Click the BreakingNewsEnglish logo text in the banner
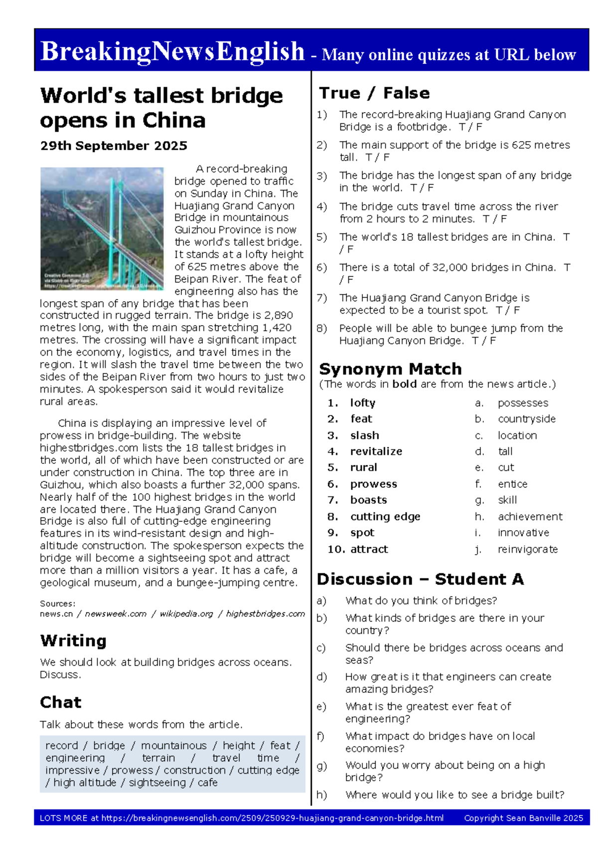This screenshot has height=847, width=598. tap(172, 51)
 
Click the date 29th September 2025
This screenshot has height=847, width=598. tap(114, 146)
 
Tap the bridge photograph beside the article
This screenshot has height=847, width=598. tap(102, 228)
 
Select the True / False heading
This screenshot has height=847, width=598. tap(374, 93)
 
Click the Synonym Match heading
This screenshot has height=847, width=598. tap(390, 369)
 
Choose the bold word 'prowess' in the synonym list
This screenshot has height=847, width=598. tap(373, 484)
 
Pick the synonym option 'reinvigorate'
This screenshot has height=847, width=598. tap(528, 549)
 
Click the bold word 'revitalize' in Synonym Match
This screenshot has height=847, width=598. tap(376, 451)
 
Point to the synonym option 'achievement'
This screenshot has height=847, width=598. tap(530, 517)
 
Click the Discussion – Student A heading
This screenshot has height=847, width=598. tap(420, 579)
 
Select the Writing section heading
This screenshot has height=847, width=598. tap(73, 640)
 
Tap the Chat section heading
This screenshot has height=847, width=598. tap(60, 702)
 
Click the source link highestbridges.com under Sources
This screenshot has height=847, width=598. tap(265, 614)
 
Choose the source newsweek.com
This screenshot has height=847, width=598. tap(116, 614)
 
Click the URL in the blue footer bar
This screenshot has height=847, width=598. tap(272, 818)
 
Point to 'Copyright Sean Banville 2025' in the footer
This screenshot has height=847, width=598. tap(523, 818)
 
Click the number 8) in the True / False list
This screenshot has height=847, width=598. tap(321, 328)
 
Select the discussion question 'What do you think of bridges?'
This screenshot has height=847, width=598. tap(421, 601)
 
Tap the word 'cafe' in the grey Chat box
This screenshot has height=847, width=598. tap(207, 783)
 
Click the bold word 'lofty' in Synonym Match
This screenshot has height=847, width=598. tap(362, 403)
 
